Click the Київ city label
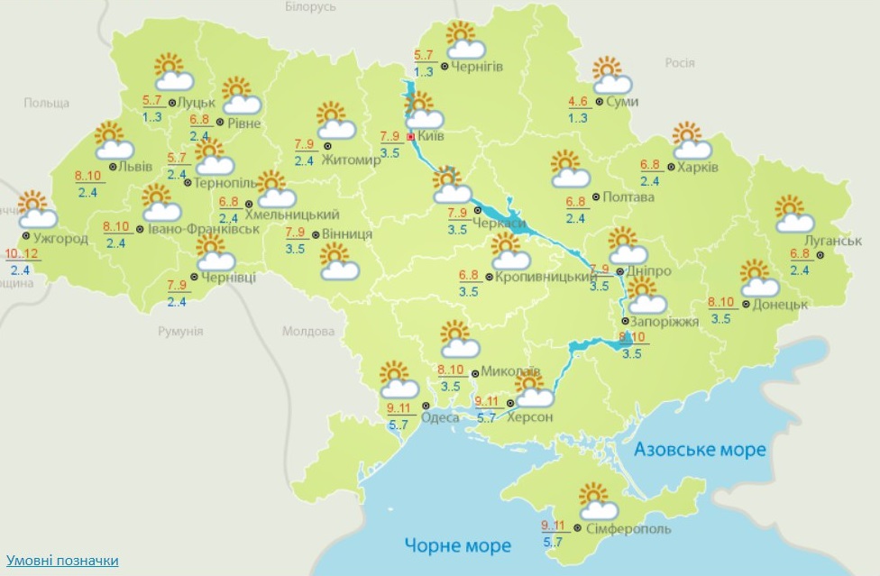coord(429,137)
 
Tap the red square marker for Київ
coord(411,137)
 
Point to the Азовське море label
coord(699,449)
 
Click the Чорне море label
coord(457,545)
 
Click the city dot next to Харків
coord(670,168)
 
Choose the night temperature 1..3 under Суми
coord(578,117)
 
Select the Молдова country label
coord(308,331)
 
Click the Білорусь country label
coord(310,7)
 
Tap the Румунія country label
coord(180,331)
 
